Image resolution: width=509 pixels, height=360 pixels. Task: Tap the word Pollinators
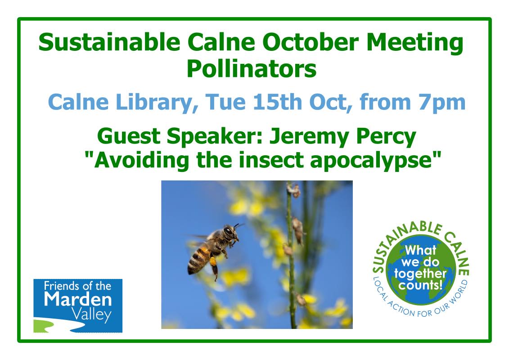click(252, 69)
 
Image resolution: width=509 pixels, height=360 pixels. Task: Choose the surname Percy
click(386, 137)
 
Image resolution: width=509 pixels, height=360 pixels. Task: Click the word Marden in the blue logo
click(78, 299)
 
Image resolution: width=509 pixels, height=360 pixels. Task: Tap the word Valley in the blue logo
click(91, 315)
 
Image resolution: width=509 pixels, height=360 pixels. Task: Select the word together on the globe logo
click(420, 274)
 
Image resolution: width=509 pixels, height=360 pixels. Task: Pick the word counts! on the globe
click(420, 285)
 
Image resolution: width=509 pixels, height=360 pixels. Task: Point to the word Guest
click(129, 137)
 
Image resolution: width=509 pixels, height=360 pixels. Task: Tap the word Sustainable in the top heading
click(109, 42)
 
